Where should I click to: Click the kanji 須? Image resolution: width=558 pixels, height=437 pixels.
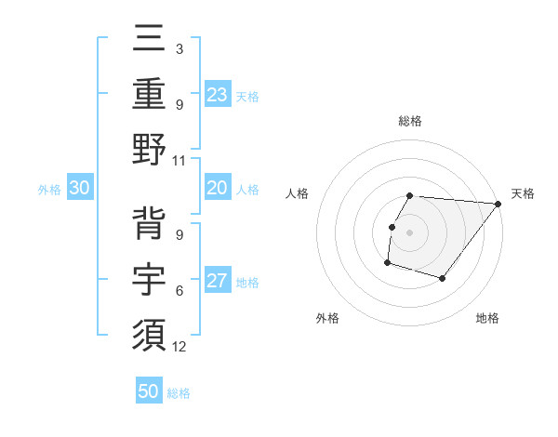click(x=149, y=332)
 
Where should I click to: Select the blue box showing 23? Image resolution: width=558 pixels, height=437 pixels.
click(x=218, y=94)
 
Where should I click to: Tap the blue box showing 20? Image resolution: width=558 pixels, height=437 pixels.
click(x=218, y=188)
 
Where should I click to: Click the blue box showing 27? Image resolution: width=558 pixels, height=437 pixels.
click(x=218, y=282)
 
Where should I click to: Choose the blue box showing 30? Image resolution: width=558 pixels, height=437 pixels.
click(x=80, y=188)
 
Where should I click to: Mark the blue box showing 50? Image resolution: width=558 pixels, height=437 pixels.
click(x=149, y=391)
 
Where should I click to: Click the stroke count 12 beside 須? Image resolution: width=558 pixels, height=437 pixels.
click(x=179, y=347)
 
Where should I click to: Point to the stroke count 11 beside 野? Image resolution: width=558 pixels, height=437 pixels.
click(x=179, y=160)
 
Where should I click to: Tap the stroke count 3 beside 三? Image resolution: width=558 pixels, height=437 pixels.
click(x=179, y=47)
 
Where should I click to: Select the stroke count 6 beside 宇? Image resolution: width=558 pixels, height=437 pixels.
click(x=179, y=291)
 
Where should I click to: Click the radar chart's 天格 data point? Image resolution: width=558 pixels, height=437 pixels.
click(x=499, y=204)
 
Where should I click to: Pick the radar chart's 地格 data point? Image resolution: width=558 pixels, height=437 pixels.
click(x=444, y=279)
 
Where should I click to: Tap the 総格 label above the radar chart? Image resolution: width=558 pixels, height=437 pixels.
click(x=410, y=121)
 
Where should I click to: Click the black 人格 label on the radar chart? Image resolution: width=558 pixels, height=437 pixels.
click(x=299, y=193)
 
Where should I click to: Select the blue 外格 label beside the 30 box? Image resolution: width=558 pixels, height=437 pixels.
click(x=49, y=189)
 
